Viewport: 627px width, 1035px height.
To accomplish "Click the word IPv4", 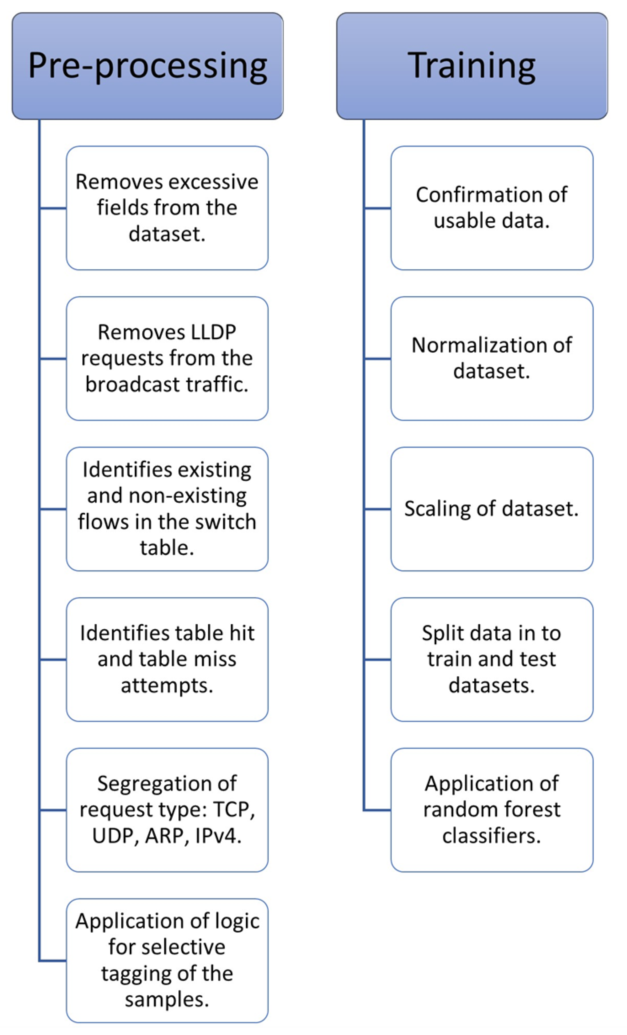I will (x=218, y=835).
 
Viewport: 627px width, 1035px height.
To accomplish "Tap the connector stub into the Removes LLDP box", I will (x=53, y=359).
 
